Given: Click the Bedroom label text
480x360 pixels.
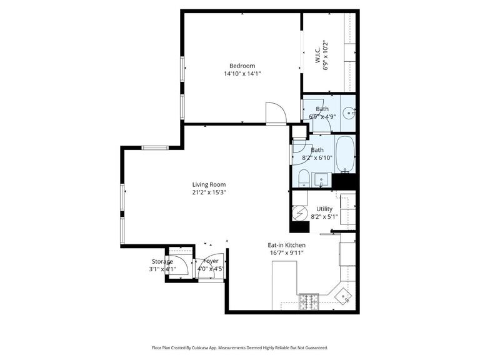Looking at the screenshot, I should [x=242, y=66].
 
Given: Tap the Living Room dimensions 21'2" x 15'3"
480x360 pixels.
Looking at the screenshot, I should [x=209, y=192].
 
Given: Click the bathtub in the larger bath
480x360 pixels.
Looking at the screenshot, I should [x=344, y=154].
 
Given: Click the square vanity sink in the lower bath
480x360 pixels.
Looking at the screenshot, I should [x=322, y=181].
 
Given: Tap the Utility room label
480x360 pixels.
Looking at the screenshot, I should [x=324, y=209].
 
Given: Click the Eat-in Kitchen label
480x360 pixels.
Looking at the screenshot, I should [x=286, y=246].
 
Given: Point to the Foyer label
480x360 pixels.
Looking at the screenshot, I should [x=211, y=261].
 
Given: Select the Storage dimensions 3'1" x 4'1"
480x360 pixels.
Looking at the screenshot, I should [x=162, y=269].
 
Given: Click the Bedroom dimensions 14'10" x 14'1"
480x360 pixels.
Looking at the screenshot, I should [x=242, y=74].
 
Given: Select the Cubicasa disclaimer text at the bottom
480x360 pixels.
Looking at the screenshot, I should [x=239, y=347].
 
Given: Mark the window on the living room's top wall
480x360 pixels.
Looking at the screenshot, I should [x=154, y=147].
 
